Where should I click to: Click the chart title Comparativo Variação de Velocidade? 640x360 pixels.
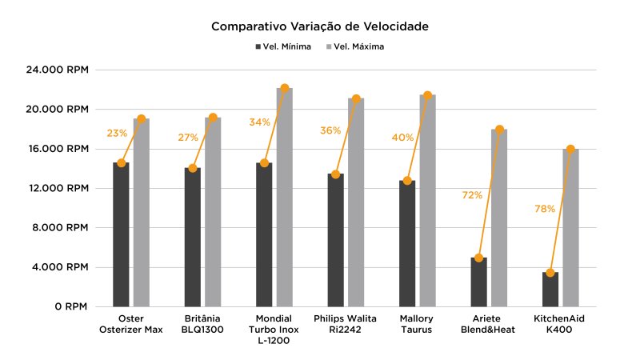320,26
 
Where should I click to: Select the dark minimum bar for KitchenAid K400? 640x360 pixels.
550,290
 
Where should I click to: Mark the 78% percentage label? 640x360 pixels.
545,209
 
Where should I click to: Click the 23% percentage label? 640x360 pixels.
117,133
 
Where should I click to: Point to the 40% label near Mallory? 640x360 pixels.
402,138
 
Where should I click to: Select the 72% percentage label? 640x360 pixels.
473,195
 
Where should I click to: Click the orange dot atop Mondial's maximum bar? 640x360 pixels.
285,88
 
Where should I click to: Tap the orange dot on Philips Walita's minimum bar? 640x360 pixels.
336,174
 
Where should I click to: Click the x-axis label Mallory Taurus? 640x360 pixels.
417,323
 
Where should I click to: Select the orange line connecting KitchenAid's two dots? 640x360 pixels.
560,211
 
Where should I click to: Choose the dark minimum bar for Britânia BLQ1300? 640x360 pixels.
193,237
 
